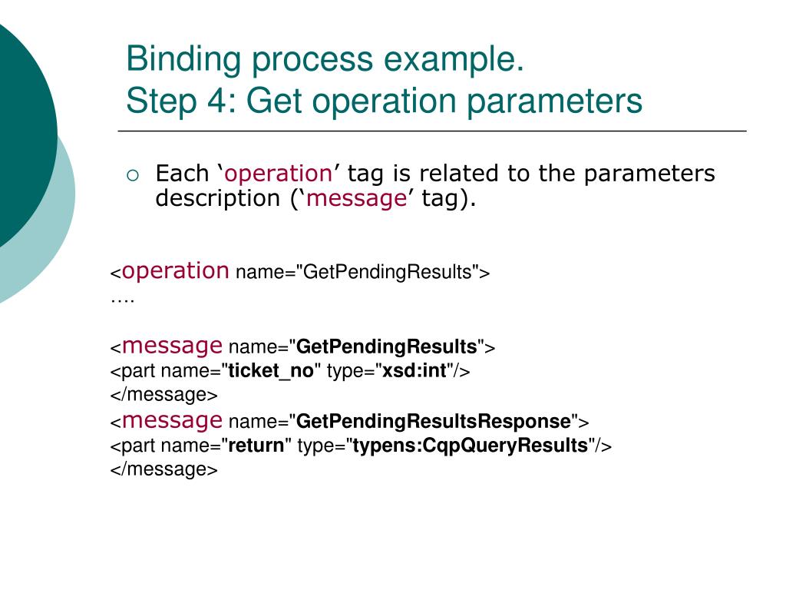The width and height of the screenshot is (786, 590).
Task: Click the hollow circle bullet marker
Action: [x=134, y=175]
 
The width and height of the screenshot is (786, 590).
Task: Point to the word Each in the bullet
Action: [x=182, y=174]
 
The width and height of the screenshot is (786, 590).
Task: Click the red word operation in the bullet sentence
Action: [x=278, y=174]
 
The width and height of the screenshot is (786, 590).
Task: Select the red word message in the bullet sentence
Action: [x=356, y=198]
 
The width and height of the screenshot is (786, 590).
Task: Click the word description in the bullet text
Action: [x=217, y=198]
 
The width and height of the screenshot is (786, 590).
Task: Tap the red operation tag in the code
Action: [x=176, y=270]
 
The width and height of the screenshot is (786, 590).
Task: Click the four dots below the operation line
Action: [x=122, y=298]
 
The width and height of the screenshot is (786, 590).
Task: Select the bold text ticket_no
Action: [x=271, y=371]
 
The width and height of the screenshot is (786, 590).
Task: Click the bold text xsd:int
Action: [x=414, y=371]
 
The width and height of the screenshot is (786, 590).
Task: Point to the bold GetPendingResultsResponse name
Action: [x=433, y=422]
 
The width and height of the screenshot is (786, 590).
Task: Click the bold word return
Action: [x=256, y=446]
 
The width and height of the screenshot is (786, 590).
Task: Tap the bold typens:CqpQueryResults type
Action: [x=470, y=446]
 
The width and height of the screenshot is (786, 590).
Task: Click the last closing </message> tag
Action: [x=164, y=469]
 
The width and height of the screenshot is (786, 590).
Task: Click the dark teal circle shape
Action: [x=19, y=131]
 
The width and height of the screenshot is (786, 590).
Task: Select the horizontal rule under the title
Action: [x=431, y=131]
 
